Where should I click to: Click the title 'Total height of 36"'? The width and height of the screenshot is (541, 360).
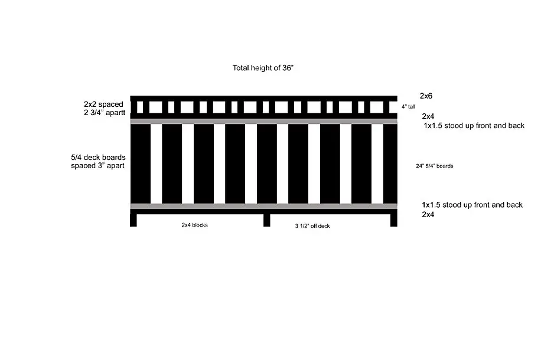[263, 68]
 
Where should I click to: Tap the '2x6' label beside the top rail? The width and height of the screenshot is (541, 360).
[426, 96]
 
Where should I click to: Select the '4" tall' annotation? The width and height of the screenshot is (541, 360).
[408, 107]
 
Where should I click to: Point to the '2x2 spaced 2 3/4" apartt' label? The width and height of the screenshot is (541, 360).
[105, 108]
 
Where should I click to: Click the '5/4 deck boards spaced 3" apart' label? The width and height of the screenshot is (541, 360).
[98, 161]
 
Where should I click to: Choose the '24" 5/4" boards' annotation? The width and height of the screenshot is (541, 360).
[434, 166]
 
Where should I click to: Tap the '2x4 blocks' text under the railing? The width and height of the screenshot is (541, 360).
[194, 225]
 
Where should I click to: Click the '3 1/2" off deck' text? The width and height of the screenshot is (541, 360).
[312, 226]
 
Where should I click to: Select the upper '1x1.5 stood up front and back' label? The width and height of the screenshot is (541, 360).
[474, 126]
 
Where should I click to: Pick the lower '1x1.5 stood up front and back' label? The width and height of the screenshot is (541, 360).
[472, 205]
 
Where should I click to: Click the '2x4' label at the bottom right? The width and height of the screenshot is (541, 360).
[428, 214]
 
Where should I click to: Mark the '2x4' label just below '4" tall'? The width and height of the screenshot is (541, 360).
[428, 116]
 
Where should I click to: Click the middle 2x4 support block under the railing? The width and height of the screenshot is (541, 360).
[267, 220]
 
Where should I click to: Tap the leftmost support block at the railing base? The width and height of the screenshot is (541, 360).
[133, 220]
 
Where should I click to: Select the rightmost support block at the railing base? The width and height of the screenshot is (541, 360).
[394, 220]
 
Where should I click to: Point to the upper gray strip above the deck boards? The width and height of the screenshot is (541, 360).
[263, 122]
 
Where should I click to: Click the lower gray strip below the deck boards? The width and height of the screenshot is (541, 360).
[263, 206]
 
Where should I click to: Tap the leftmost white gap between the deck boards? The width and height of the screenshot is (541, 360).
[157, 164]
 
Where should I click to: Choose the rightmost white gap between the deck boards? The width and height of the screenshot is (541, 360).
[377, 164]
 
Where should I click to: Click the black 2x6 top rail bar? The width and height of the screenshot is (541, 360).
[263, 99]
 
